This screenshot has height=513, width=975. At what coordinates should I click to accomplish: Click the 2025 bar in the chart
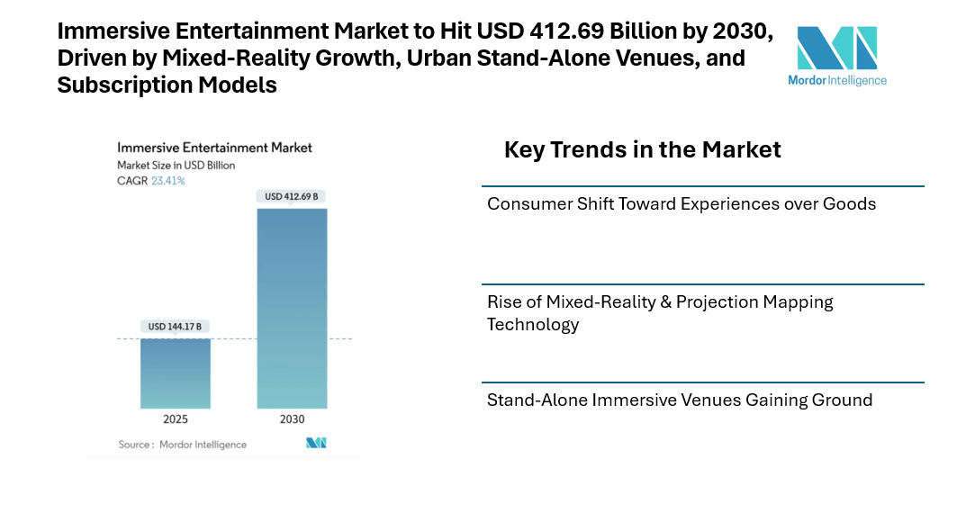point(176,373)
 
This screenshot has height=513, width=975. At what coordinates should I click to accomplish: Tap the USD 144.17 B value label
point(176,326)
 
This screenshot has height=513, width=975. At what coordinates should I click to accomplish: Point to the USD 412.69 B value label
point(292,196)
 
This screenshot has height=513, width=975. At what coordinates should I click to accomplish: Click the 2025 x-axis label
point(176,419)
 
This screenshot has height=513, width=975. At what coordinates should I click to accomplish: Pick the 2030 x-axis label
point(292,419)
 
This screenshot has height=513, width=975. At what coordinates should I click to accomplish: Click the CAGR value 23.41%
point(168,181)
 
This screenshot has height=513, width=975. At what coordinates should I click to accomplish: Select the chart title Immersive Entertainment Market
point(214,148)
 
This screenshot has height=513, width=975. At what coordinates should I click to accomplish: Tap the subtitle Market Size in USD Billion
point(176,166)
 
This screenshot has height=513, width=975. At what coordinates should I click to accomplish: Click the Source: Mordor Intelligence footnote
point(183,445)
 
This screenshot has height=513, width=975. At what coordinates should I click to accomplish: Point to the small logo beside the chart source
point(316,443)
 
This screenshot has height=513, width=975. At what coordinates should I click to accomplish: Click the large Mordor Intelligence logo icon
point(836,48)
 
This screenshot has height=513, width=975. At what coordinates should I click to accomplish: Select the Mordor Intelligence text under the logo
point(836,80)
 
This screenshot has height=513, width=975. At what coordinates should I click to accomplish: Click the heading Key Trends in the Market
point(642,149)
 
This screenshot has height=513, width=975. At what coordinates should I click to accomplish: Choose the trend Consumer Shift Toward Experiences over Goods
point(682,204)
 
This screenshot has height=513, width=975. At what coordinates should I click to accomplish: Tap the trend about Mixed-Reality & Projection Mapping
point(660,302)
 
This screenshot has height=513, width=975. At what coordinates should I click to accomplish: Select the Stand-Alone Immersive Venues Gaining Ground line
point(680,400)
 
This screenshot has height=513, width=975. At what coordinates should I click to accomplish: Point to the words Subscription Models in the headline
point(167,85)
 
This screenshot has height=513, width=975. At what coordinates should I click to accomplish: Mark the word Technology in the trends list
point(533,325)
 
